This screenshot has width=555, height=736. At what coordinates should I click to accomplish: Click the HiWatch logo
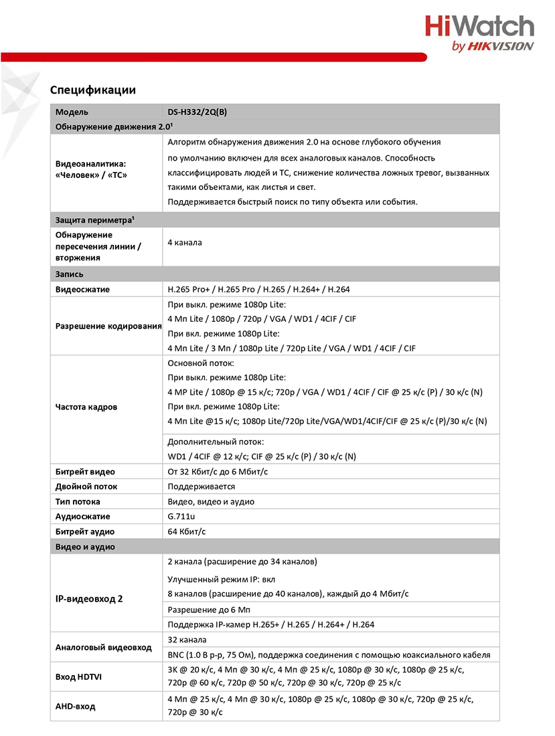[479, 33]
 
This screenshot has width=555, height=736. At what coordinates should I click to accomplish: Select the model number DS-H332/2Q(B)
[197, 112]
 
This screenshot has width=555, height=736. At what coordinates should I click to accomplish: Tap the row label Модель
[72, 112]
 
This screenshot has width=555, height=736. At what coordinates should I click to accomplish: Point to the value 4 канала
[185, 242]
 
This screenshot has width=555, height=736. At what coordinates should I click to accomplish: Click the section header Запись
[70, 274]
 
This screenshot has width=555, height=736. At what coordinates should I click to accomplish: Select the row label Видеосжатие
[82, 290]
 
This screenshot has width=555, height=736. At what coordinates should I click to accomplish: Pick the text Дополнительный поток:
[216, 442]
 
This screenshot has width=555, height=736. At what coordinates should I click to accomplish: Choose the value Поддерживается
[201, 486]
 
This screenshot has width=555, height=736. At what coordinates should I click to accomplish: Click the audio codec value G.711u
[181, 517]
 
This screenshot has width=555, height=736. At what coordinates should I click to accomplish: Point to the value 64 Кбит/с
[187, 531]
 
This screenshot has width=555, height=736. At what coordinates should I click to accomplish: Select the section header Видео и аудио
[85, 547]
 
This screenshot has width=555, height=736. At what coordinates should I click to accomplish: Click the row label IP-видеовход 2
[89, 599]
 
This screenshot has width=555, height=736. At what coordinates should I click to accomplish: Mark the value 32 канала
[187, 639]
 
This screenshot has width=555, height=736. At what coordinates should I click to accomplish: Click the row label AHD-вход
[75, 707]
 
